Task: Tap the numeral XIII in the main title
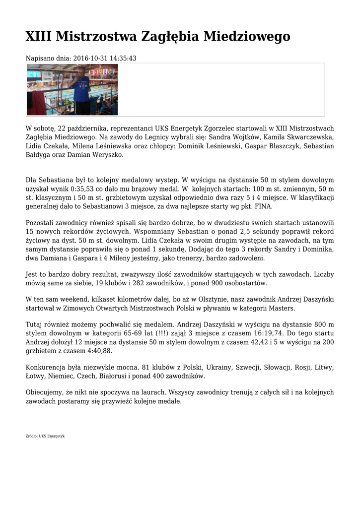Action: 39,37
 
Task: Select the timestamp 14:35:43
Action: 123,59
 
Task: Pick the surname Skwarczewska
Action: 309,137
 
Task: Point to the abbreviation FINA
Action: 263,207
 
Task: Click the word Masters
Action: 281,308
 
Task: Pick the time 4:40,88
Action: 97,351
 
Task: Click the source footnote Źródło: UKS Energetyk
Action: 45,436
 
